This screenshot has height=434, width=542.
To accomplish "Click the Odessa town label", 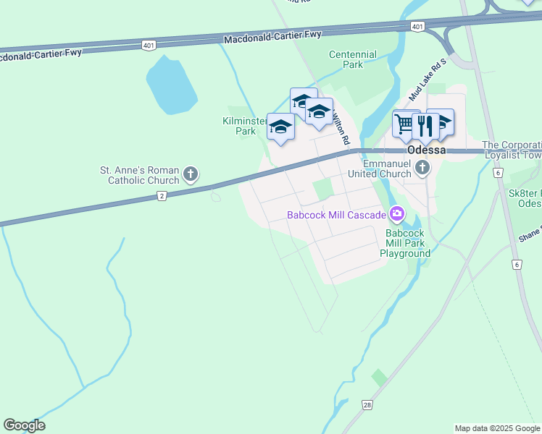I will pyautogui.click(x=426, y=150).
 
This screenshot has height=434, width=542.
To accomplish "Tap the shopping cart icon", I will pyautogui.click(x=405, y=124).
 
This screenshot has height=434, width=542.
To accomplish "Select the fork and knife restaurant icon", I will pyautogui.click(x=425, y=125).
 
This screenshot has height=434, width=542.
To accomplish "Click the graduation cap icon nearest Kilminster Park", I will pyautogui.click(x=280, y=127).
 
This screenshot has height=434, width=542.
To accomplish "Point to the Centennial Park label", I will pyautogui.click(x=352, y=59).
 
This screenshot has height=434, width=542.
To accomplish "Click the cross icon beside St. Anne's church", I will pyautogui.click(x=191, y=174).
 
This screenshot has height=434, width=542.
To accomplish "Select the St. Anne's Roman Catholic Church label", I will pyautogui.click(x=139, y=175).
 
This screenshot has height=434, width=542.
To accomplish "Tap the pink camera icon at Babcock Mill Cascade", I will pyautogui.click(x=396, y=213).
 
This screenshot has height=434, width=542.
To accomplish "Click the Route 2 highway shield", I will pyautogui.click(x=162, y=196).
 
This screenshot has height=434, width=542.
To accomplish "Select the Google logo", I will pyautogui.click(x=24, y=425).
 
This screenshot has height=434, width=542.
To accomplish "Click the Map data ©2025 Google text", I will pyautogui.click(x=497, y=428).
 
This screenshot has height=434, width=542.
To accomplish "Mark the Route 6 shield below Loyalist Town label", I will pyautogui.click(x=498, y=173).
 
